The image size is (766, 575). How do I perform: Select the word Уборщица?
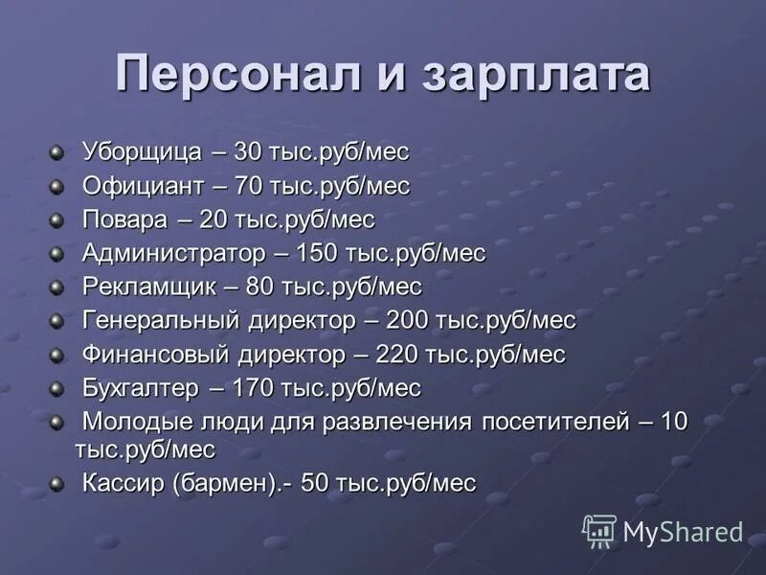tap(142, 152)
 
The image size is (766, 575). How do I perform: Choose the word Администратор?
tap(172, 253)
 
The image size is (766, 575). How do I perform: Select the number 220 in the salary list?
tap(398, 354)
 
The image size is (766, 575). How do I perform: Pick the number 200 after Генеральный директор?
tap(409, 320)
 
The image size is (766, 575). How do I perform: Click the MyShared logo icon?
tap(599, 531)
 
